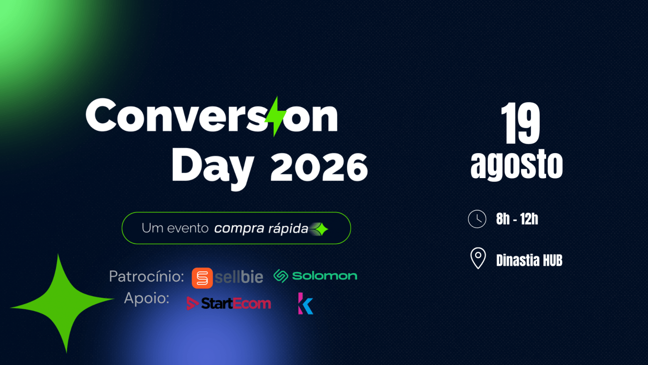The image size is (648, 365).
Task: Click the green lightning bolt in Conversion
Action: [x=276, y=116]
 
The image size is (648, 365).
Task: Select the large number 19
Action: [x=521, y=123]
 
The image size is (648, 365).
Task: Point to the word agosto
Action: [x=516, y=165]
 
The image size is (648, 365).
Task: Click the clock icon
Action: [x=477, y=219]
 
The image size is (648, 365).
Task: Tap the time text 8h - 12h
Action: [x=517, y=219]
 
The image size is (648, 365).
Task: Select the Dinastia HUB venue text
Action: [x=529, y=260]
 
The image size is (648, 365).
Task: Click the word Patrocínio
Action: [x=146, y=276]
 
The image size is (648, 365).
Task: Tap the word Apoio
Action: [x=147, y=298]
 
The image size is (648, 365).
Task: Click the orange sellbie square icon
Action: [x=202, y=278]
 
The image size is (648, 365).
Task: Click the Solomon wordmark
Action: [x=325, y=276]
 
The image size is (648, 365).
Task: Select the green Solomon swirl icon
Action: [x=281, y=276]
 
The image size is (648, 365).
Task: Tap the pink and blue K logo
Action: [x=306, y=304]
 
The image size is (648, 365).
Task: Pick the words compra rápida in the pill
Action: [x=261, y=229]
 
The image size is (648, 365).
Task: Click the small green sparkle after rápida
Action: [x=321, y=229]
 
